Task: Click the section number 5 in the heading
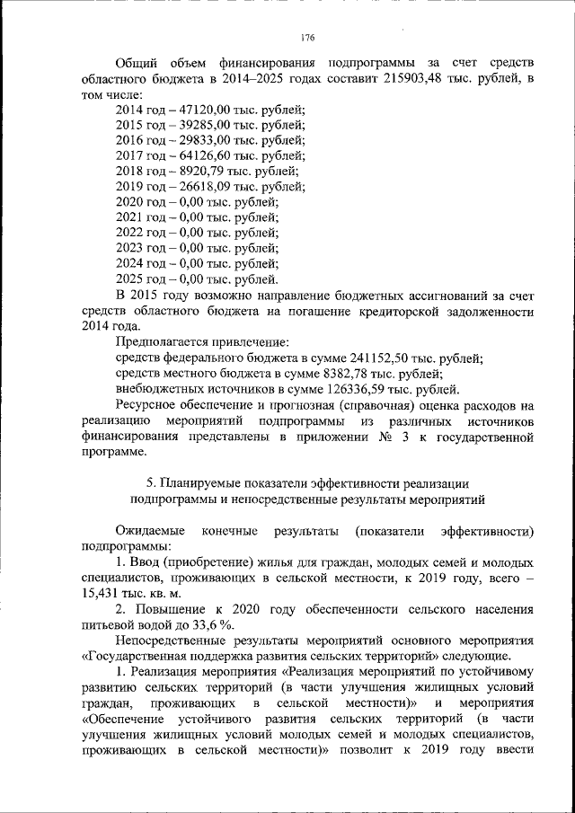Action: [150, 483]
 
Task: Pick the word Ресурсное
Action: [147, 405]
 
